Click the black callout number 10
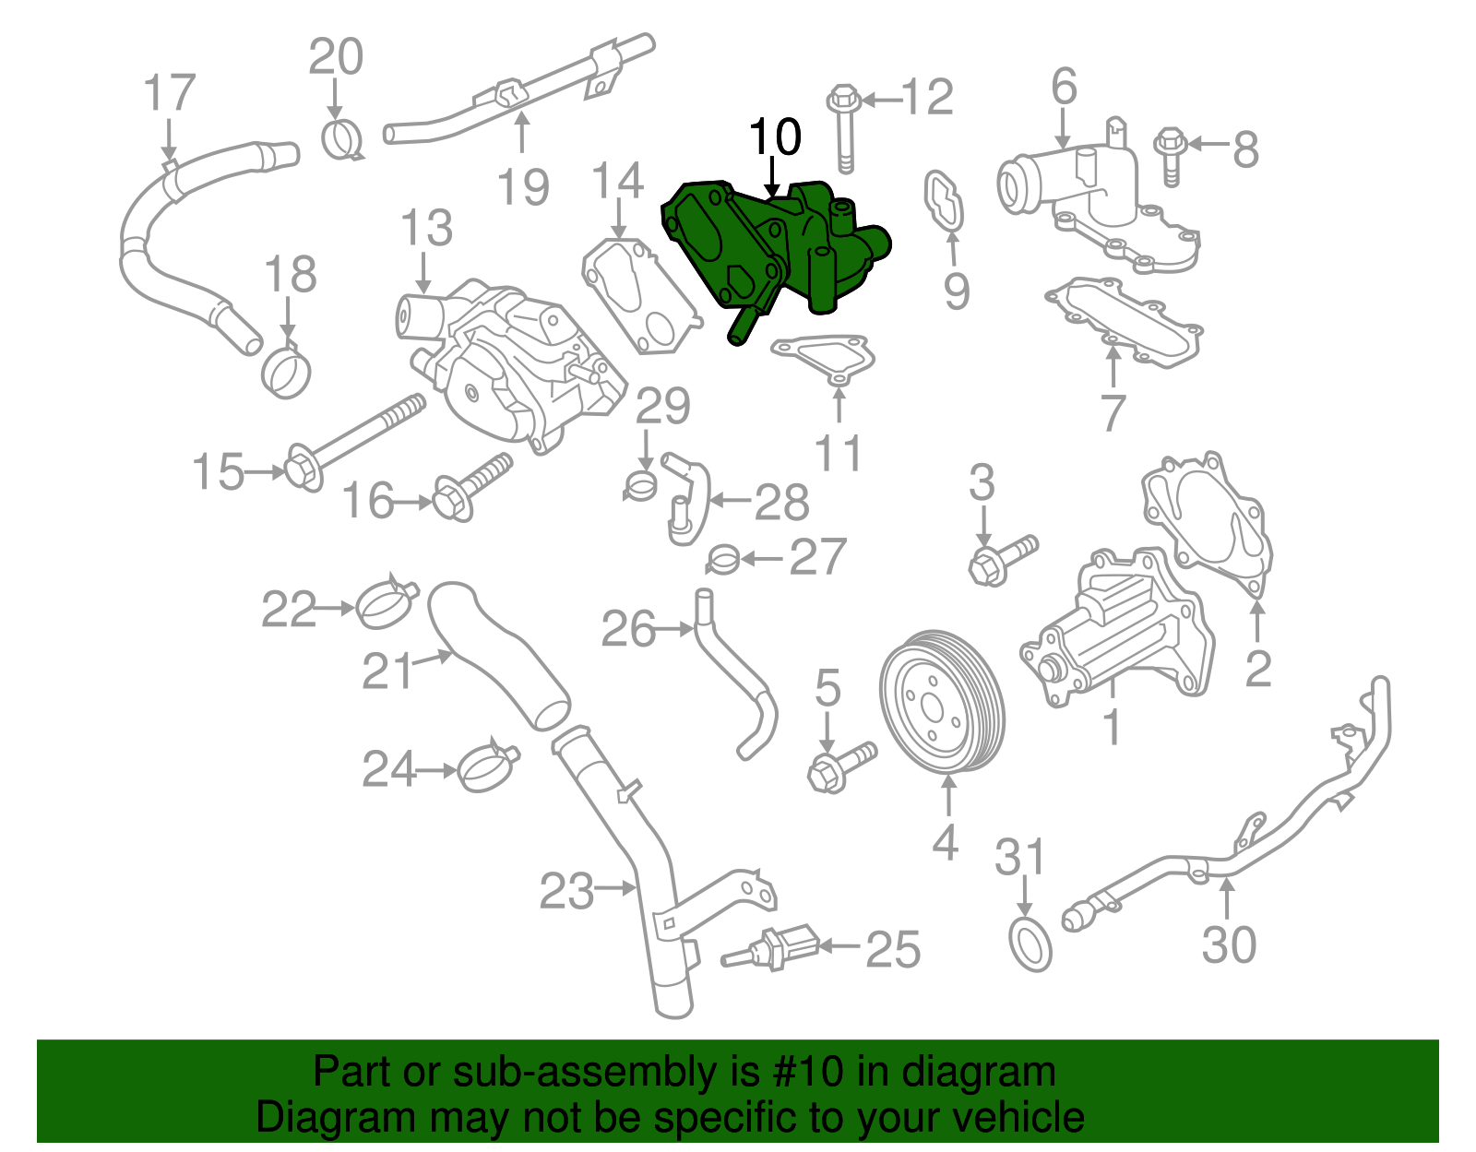click(x=775, y=137)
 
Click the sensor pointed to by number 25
click(x=770, y=946)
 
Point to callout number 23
click(x=566, y=891)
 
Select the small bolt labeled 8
click(x=1171, y=156)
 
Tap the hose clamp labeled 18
click(x=286, y=371)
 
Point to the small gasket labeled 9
click(x=944, y=202)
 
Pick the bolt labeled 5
click(x=842, y=767)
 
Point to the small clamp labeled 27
click(x=722, y=559)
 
